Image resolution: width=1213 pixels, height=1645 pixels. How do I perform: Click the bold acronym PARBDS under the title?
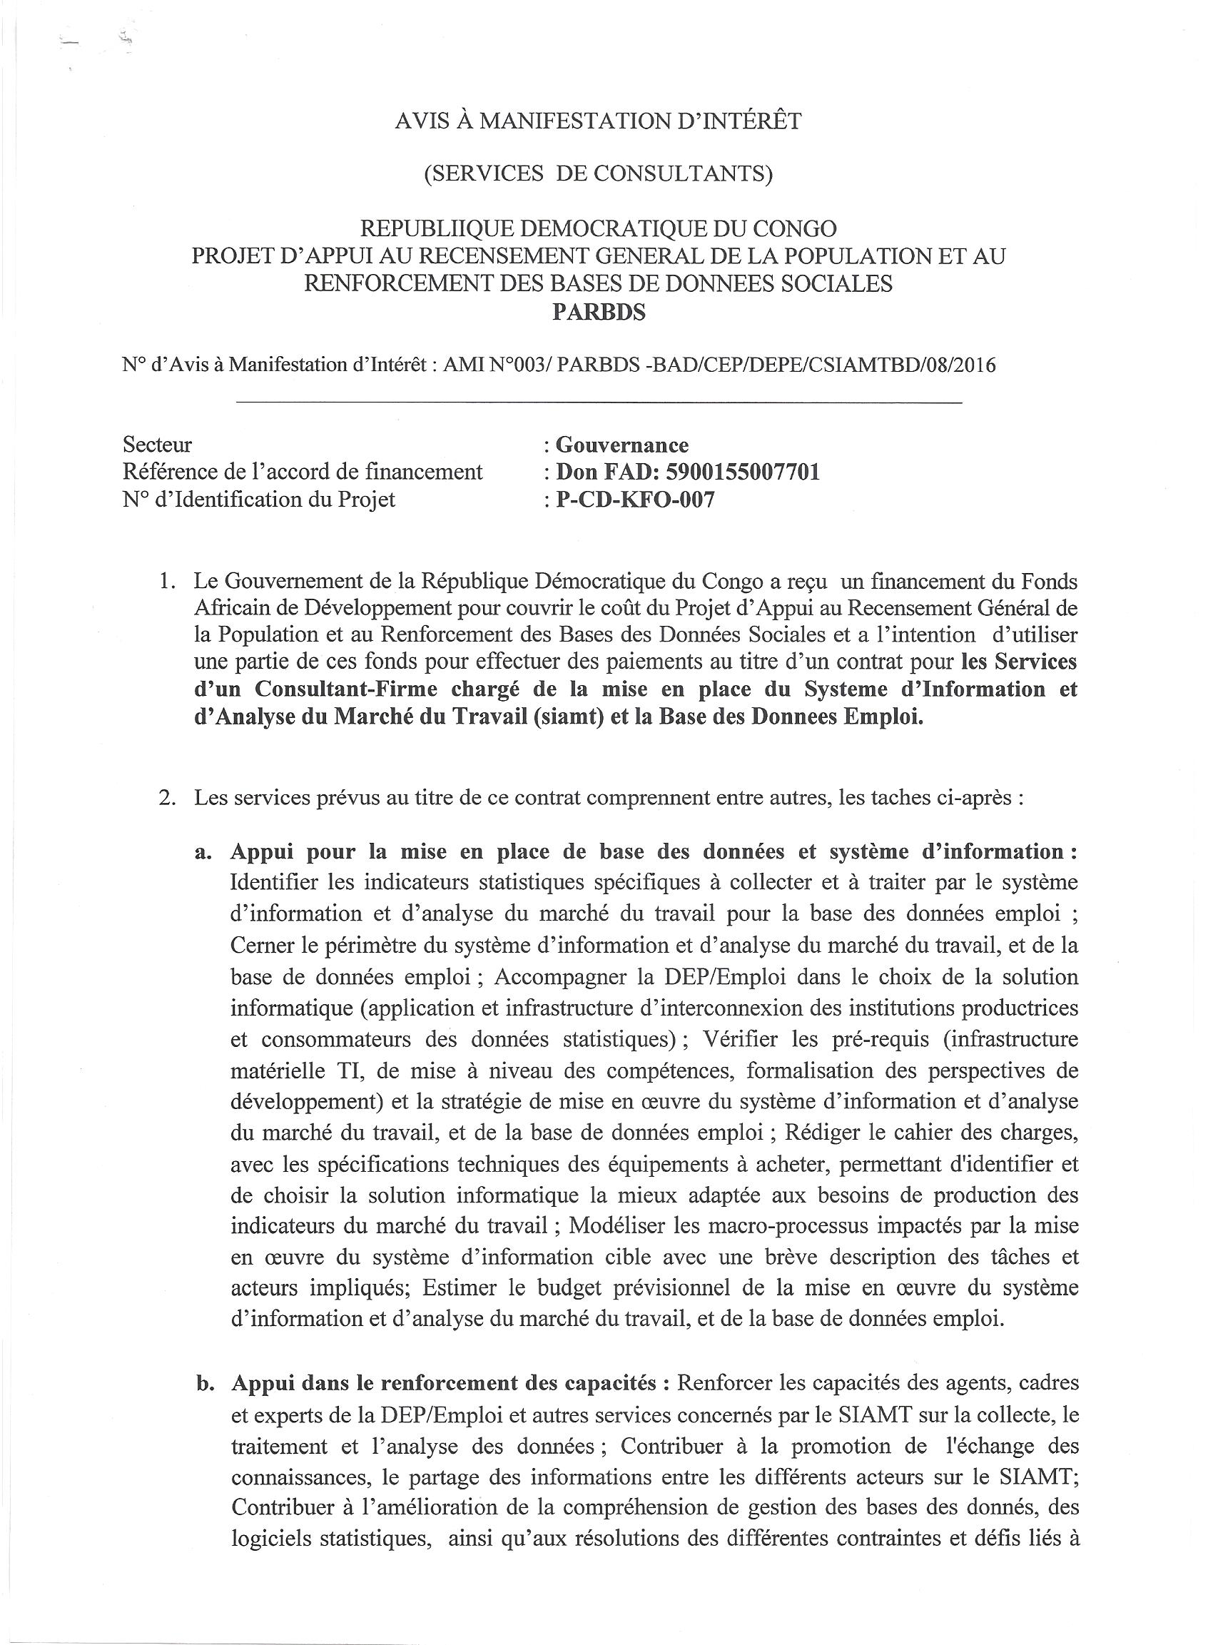[599, 313]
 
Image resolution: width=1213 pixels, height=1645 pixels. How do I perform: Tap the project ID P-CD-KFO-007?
[635, 500]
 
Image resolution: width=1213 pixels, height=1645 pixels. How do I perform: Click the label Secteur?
[157, 445]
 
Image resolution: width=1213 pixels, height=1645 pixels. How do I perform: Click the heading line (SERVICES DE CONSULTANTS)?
[599, 173]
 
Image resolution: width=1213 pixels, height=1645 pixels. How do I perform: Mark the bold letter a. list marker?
[203, 852]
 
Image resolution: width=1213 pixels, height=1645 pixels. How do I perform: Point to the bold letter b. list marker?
[203, 1384]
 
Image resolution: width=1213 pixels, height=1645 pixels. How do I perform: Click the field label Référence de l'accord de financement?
[303, 472]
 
